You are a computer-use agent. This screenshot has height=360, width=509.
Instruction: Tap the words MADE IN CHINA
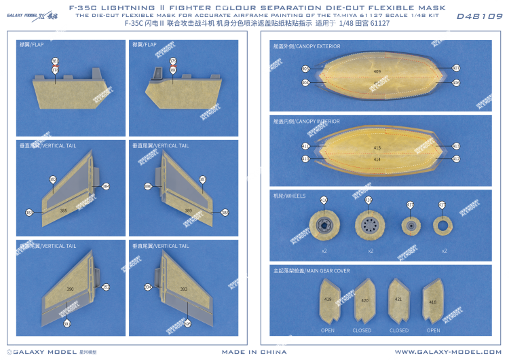tap(254, 352)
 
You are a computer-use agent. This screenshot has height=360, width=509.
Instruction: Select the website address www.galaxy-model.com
tap(446, 352)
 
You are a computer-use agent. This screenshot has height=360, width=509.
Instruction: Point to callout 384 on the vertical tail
tap(106, 186)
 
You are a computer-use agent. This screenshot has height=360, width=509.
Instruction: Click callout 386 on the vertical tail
tap(147, 186)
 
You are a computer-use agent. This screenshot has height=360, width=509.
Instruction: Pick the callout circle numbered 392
tap(106, 287)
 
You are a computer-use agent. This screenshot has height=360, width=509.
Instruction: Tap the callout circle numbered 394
tap(147, 287)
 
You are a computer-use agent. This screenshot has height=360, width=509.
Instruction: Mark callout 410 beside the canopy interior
tap(305, 159)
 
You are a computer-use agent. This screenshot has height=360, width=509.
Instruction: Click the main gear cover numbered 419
tap(328, 299)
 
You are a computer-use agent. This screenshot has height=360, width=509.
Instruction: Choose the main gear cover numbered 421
tap(398, 299)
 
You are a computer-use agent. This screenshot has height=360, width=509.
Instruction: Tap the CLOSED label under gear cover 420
tap(362, 330)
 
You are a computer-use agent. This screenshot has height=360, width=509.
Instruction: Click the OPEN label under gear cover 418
tap(433, 330)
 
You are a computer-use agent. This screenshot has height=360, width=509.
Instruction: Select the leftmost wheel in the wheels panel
tap(324, 226)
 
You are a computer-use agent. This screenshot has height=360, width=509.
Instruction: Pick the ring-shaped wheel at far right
tap(442, 226)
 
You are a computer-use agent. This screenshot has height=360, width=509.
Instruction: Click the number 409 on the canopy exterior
tap(377, 70)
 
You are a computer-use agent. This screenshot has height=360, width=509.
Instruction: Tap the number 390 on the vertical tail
tap(70, 289)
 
